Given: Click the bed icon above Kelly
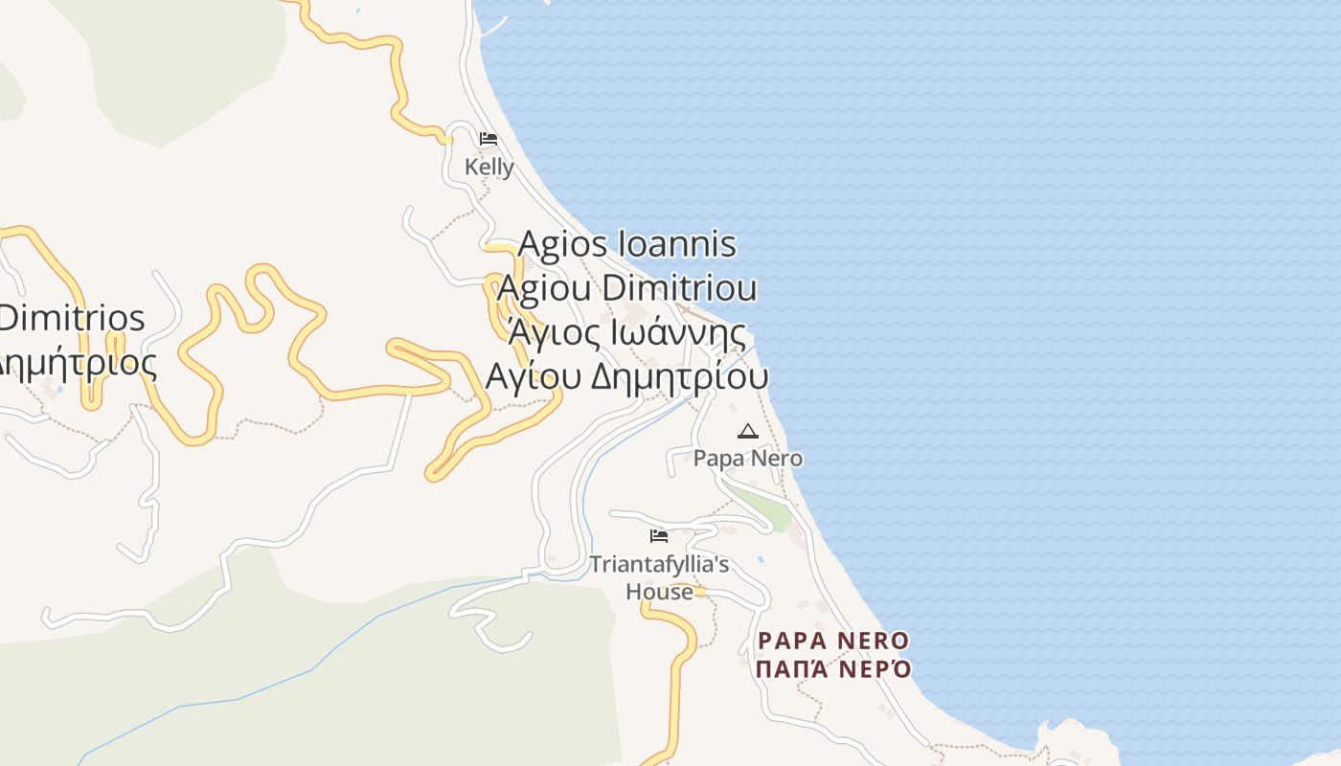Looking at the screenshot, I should [x=489, y=139].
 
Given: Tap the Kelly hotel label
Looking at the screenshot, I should [x=489, y=168].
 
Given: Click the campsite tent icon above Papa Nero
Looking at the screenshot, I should [x=747, y=432].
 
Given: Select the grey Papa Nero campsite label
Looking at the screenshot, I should [x=747, y=459].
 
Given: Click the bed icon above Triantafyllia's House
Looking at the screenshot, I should [x=659, y=536].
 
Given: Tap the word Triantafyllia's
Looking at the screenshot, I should [x=659, y=565].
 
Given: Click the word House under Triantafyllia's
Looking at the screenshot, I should [x=659, y=592].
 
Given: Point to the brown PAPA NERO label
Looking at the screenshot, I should [x=833, y=640].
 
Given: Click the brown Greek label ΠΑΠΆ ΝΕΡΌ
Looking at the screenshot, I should [x=833, y=668].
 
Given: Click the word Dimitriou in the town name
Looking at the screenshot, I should [x=680, y=288].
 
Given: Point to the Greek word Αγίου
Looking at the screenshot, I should [x=534, y=376].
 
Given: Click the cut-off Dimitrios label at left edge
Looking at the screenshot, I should [x=72, y=318].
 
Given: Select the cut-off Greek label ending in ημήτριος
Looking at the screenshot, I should [x=77, y=363].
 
